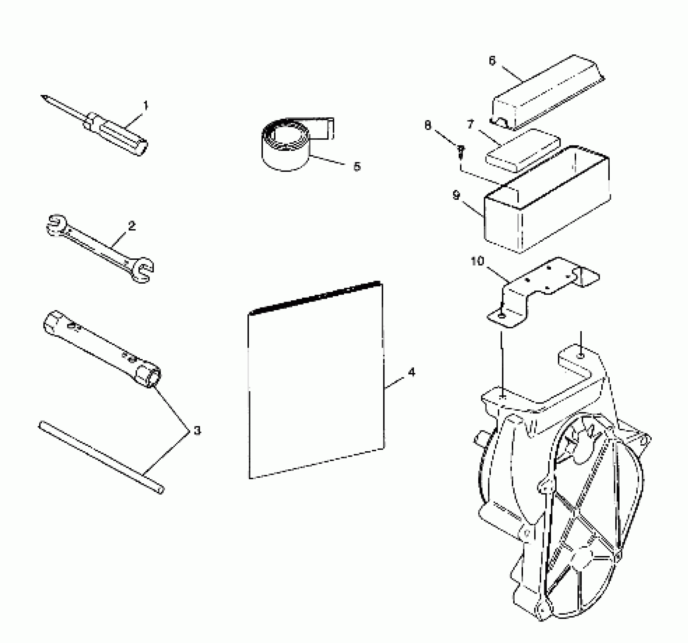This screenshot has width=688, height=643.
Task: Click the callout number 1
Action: coord(146,105)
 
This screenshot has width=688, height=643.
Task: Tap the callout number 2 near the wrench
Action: coord(131,226)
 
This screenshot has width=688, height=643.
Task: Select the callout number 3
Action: coord(197,430)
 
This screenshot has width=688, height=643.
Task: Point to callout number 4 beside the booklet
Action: coord(411,372)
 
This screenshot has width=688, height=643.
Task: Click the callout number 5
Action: coord(356,166)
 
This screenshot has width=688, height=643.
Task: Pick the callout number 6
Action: coord(492,61)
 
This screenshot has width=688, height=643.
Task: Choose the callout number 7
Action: coord(470,124)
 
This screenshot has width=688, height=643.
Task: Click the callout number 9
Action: coord(456,196)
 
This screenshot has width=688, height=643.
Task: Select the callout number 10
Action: coord(477,261)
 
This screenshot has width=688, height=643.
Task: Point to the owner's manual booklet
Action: coord(316,382)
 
